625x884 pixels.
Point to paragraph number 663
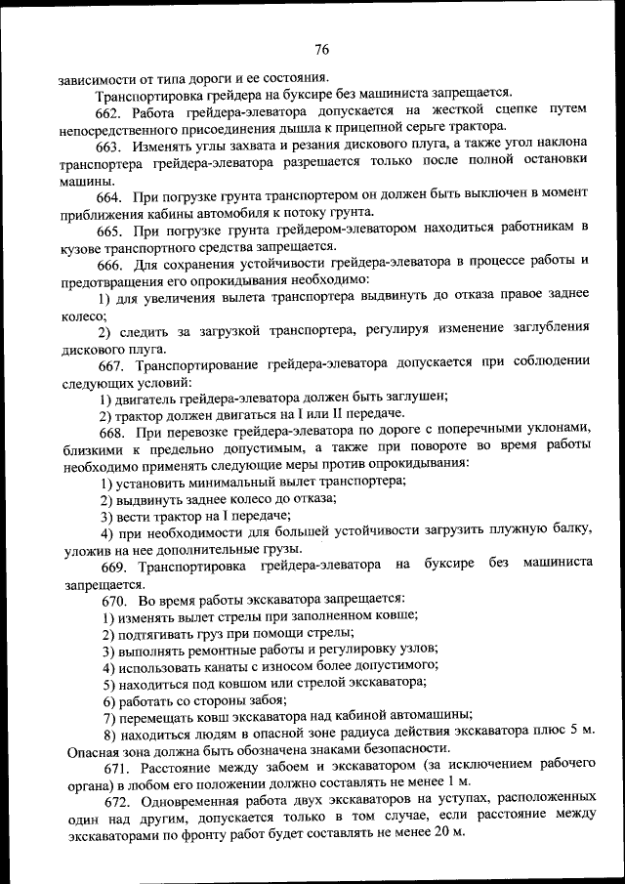click(x=110, y=147)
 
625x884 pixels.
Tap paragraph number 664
click(x=110, y=197)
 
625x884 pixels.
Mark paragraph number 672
click(x=110, y=797)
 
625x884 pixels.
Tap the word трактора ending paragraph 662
click(x=474, y=129)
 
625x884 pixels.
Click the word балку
click(x=566, y=530)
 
